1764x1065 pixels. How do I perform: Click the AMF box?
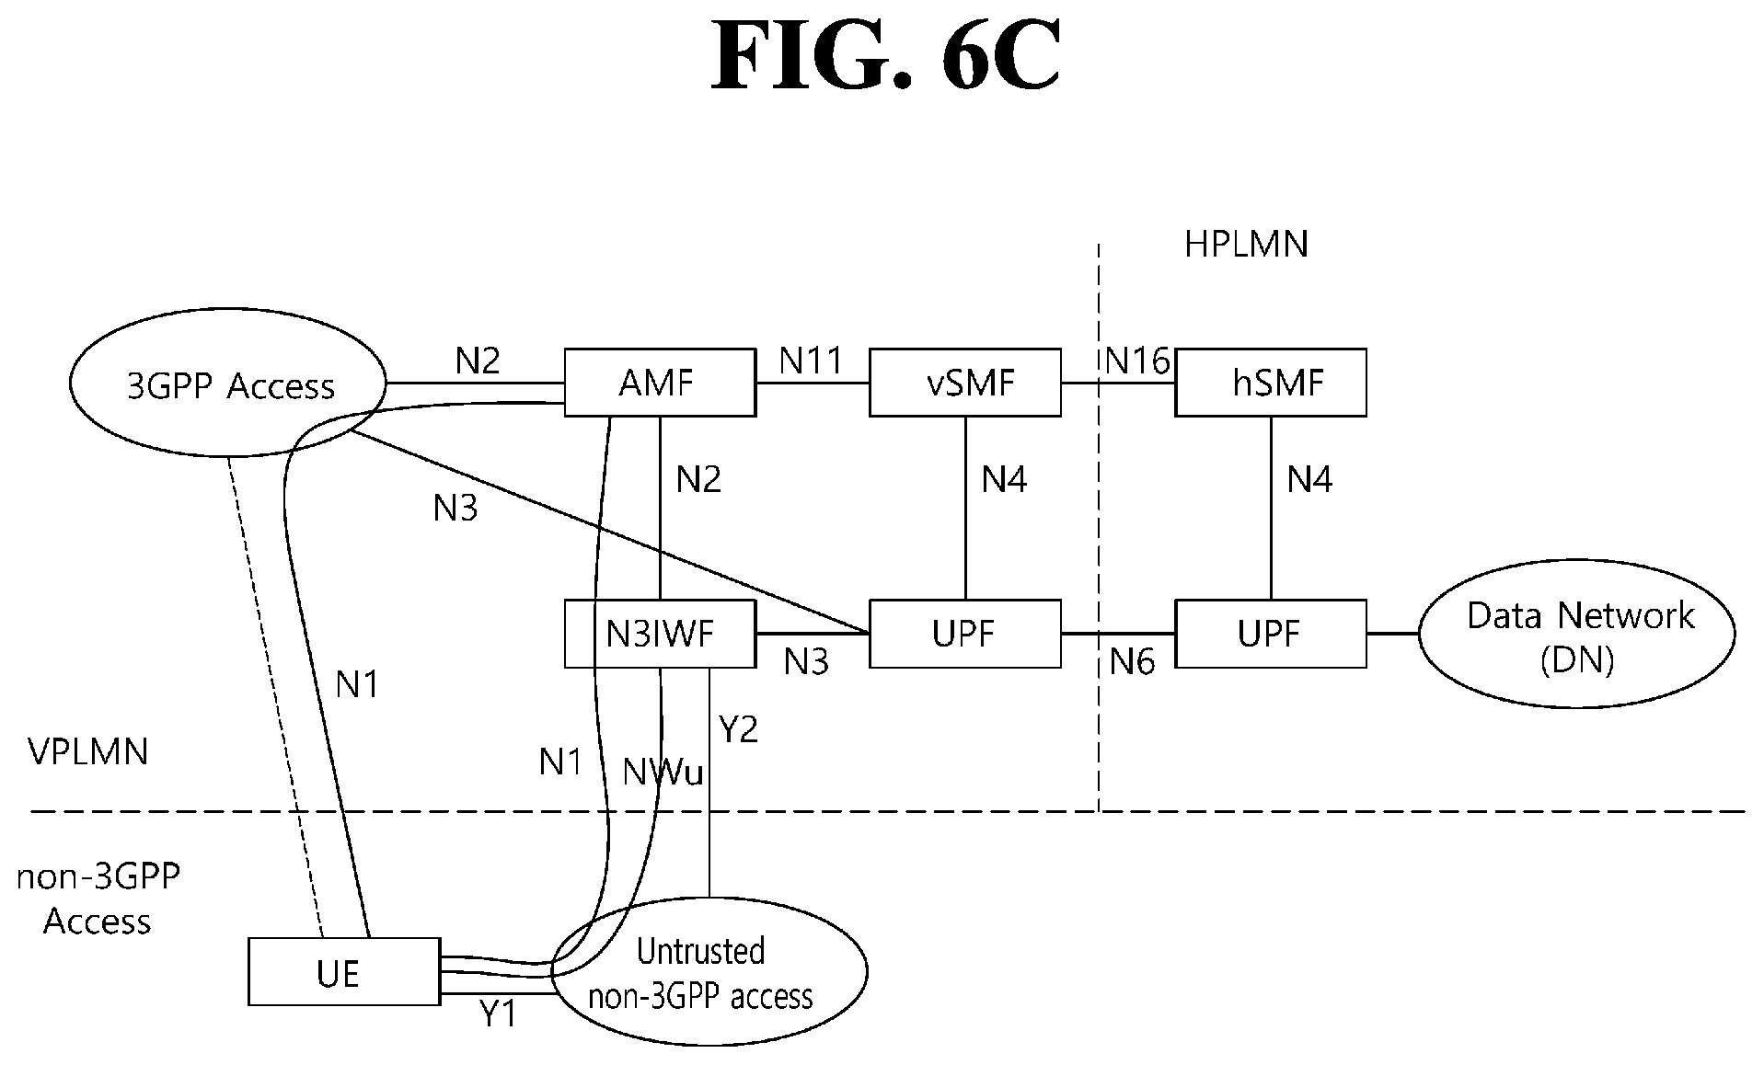(x=659, y=383)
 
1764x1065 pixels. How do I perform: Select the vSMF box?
(x=964, y=383)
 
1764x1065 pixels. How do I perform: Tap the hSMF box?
(x=1270, y=383)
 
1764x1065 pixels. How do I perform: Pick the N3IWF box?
(x=659, y=634)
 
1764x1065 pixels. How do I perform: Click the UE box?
(x=343, y=971)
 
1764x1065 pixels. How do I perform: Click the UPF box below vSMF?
(x=964, y=634)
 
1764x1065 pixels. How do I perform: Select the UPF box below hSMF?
(x=1270, y=634)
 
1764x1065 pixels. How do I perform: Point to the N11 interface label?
(x=811, y=361)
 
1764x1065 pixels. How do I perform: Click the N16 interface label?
(x=1137, y=361)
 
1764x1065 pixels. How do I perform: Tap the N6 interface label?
(x=1132, y=662)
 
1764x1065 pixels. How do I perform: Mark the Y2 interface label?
(x=738, y=729)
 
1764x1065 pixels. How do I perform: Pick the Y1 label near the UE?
(x=498, y=1014)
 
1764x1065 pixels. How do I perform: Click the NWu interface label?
(x=663, y=773)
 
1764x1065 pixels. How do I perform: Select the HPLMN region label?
(x=1246, y=245)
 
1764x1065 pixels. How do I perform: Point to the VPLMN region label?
(x=88, y=752)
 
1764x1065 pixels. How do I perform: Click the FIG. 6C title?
(x=885, y=57)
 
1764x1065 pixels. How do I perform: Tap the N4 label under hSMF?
(x=1309, y=479)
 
